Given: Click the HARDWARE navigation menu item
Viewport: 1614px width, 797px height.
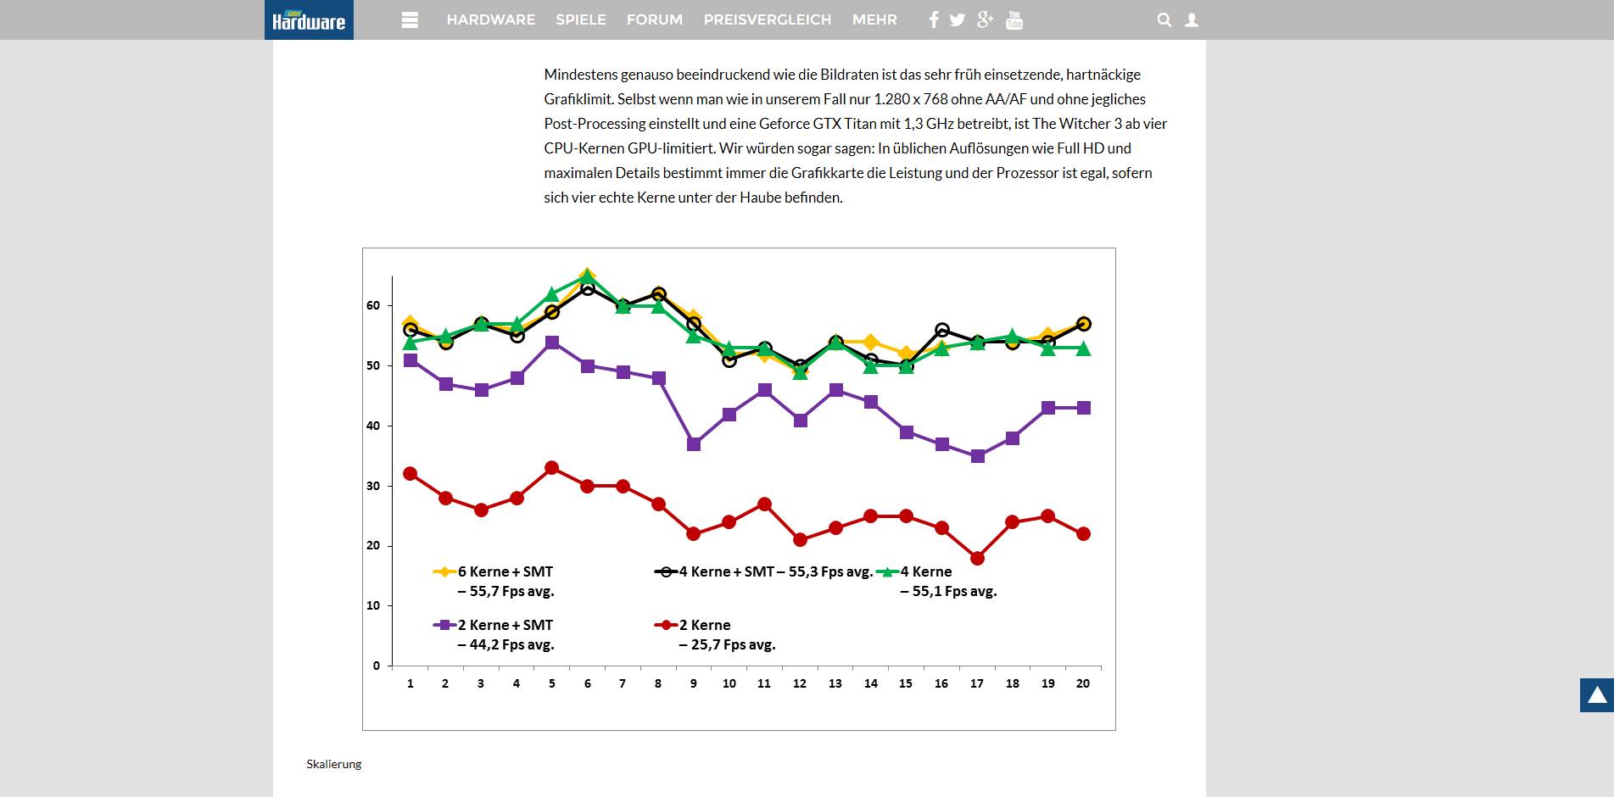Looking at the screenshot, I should point(490,20).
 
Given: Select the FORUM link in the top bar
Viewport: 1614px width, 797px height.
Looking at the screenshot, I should point(654,20).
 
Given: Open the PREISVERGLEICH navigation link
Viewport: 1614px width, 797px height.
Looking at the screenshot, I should point(767,20).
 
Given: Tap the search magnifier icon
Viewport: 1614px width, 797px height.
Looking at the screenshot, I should point(1164,20).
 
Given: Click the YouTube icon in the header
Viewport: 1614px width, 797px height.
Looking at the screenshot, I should point(1014,20).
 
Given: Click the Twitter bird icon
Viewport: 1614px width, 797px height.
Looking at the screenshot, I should point(958,20).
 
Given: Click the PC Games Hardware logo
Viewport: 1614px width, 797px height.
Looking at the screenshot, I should point(309,20).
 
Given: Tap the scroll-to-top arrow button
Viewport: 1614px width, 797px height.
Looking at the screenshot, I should point(1596,695).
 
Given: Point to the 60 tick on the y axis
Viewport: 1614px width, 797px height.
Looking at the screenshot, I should point(373,305).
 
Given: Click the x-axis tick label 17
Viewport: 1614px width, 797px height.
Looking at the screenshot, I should point(977,683).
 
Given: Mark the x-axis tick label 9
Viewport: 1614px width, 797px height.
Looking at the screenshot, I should point(694,683).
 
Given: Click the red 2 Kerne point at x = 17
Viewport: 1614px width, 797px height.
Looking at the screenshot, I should point(977,558).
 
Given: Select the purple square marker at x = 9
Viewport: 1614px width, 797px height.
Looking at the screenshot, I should point(694,444).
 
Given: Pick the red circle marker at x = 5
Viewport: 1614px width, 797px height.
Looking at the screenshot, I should point(552,468).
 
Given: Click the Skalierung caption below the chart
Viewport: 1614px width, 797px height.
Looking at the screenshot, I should point(334,764).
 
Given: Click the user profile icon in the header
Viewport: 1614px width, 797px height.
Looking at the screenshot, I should point(1192,20).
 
